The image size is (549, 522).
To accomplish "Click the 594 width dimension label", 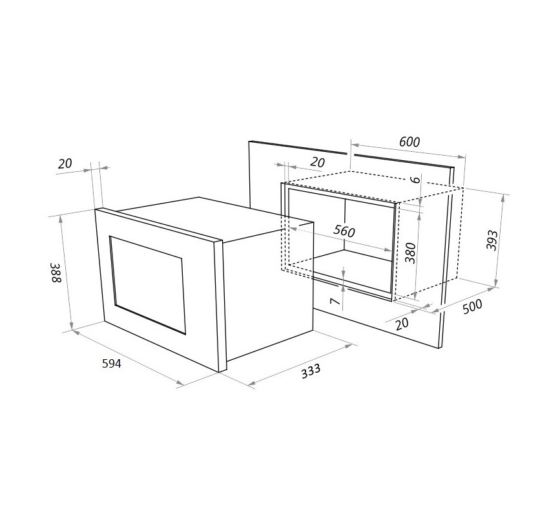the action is coord(112,364).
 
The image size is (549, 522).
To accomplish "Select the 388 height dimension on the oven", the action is coord(56,273).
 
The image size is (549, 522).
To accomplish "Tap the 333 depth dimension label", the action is coord(311,371).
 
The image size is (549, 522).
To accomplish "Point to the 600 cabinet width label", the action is coord(409,141).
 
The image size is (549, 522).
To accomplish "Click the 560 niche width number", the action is coord(344,231).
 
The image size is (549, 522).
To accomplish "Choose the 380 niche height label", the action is coord(410,253).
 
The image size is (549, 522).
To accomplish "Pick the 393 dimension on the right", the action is coord(492,240).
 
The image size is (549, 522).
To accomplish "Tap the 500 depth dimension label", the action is coord(472,307).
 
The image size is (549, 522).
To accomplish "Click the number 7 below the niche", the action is coord(335,301).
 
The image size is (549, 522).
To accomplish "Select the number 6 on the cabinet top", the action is coord(415,180).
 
